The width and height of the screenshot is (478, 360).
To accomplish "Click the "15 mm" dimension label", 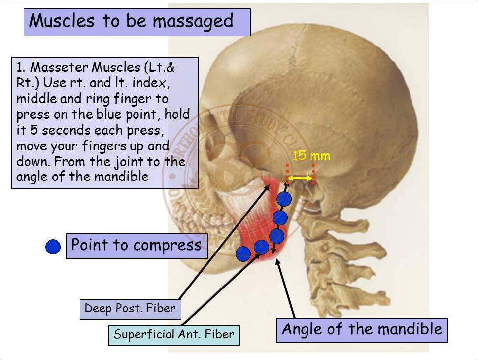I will coord(311,156).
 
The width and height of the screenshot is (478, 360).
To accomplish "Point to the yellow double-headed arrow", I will coord(301,178).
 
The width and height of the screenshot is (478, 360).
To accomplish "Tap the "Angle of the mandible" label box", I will coord(362,329).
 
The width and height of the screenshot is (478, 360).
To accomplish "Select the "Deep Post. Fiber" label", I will coord(130,309).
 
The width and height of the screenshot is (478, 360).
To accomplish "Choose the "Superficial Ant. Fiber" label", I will coord(174,334).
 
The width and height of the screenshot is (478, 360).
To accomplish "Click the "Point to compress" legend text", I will coord(137,245).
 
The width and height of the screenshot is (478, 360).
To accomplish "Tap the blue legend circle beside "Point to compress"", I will coord(53,247).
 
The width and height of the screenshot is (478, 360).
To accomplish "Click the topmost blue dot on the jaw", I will coord(284,199).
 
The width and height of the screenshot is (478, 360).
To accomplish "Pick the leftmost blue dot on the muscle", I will coord(243,253).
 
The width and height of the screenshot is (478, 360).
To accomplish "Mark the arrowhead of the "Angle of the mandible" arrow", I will coord(280,264).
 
